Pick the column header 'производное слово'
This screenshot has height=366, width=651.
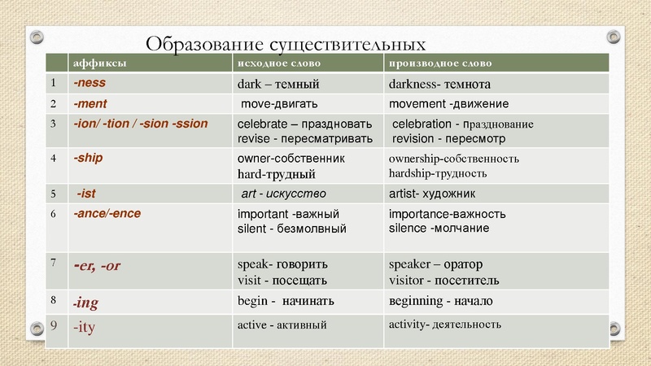pos(440,63)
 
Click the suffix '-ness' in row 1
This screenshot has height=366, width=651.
pos(90,83)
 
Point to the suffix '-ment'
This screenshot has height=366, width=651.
pos(91,104)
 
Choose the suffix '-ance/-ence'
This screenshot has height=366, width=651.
pos(106,214)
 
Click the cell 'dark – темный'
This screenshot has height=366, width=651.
pos(277,84)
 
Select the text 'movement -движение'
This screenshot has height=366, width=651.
pos(448,104)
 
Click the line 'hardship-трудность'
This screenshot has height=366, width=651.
pos(438,173)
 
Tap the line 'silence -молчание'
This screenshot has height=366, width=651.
pos(439,229)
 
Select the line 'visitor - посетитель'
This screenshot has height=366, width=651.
pos(444,281)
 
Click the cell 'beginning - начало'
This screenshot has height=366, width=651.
pos(441,301)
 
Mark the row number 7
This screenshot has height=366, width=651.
pos(52,263)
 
